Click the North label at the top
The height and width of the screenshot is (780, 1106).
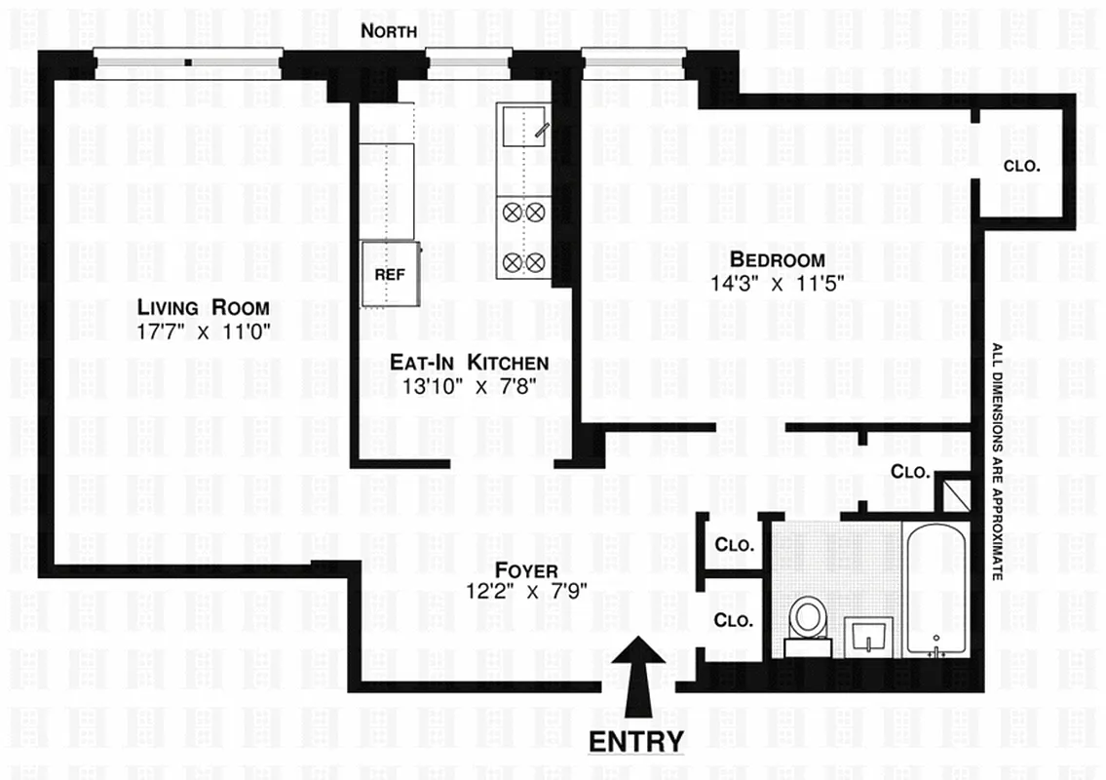point(389,31)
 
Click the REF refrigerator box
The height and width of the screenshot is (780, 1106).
point(390,273)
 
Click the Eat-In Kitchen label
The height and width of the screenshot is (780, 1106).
point(469,363)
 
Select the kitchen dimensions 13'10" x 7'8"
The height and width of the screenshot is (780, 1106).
point(469,385)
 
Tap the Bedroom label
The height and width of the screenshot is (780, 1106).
point(777,259)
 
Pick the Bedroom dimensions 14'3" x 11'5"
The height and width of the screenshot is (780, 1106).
point(777,283)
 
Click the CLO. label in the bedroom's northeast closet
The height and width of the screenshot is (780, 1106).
point(1021,167)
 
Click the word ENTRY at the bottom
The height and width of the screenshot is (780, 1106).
point(637,741)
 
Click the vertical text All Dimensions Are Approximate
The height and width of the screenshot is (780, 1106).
point(996,463)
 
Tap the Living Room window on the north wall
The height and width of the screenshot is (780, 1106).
point(189,63)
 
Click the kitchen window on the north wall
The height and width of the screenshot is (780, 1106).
point(469,63)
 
